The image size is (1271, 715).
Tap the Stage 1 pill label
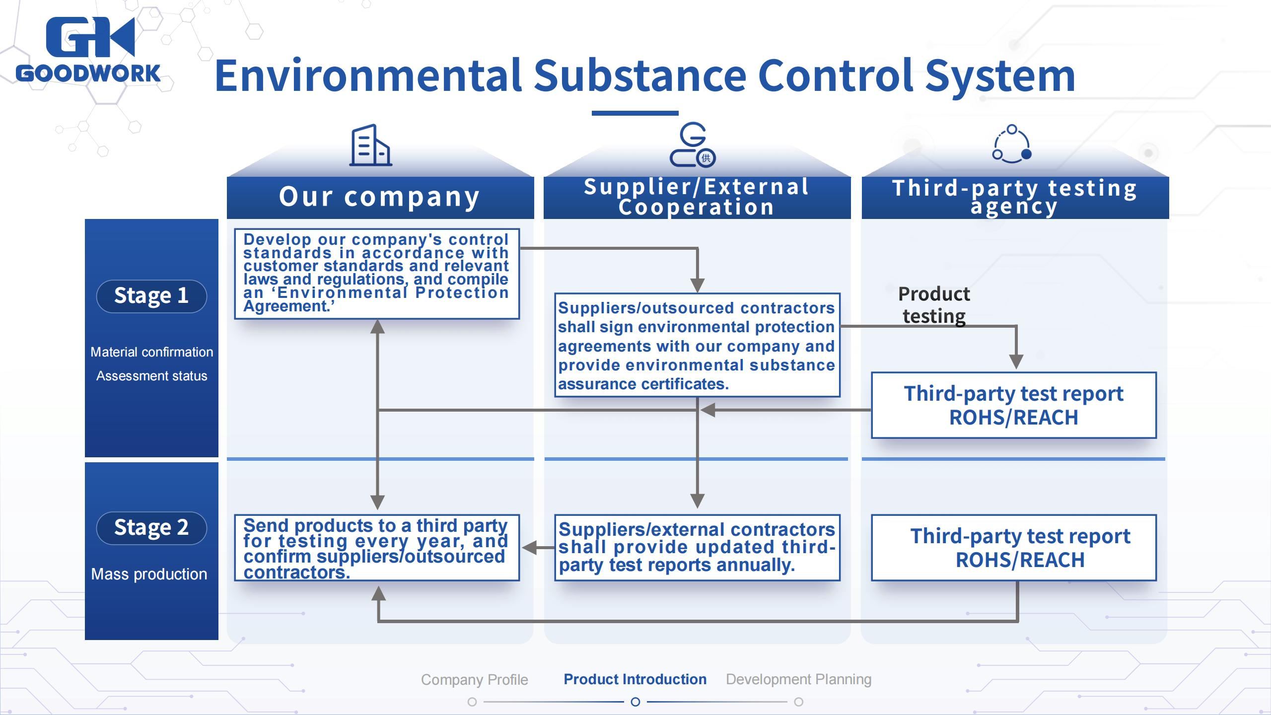point(151,296)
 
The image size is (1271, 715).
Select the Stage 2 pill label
point(151,528)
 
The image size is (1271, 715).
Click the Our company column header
point(380,197)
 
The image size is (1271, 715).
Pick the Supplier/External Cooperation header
point(697,197)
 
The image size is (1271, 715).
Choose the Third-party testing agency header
point(1015,197)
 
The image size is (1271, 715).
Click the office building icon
point(370,145)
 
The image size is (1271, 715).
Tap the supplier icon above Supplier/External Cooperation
point(692,145)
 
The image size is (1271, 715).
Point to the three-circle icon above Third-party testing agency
point(1012,145)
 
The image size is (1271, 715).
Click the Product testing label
point(934,305)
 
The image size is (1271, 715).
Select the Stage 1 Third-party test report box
point(1013,405)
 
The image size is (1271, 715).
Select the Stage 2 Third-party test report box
point(1013,548)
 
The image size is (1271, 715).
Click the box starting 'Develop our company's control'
point(376,273)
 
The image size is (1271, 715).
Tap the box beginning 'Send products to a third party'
point(376,548)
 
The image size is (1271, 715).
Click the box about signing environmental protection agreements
point(697,346)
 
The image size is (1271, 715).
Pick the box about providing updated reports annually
point(697,548)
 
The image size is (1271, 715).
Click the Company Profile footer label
point(474,680)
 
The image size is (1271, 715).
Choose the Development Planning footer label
point(798,679)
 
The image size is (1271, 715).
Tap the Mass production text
point(149,574)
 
